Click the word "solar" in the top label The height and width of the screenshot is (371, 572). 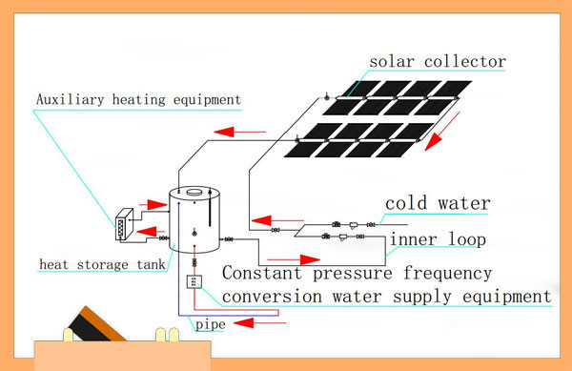[393, 63]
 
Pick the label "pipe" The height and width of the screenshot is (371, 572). [211, 325]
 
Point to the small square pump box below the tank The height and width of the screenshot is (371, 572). [195, 282]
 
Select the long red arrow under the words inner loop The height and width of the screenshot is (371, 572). [294, 258]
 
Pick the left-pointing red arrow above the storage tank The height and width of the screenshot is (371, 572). [230, 133]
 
